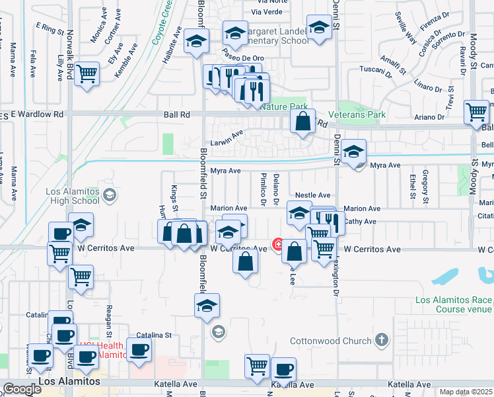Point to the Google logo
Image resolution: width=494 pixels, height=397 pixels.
tap(22, 389)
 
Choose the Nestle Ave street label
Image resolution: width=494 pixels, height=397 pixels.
tap(312, 195)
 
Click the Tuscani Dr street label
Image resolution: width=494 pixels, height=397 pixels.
tap(376, 69)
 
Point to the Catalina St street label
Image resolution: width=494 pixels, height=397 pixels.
tap(154, 335)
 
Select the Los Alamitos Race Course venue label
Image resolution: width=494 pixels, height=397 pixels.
tap(454, 304)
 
